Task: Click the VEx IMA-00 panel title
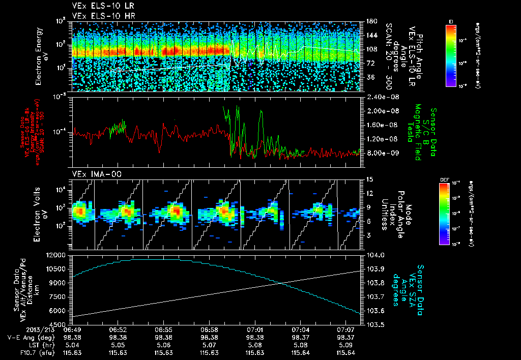pos(94,174)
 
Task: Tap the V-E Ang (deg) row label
pos(25,338)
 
